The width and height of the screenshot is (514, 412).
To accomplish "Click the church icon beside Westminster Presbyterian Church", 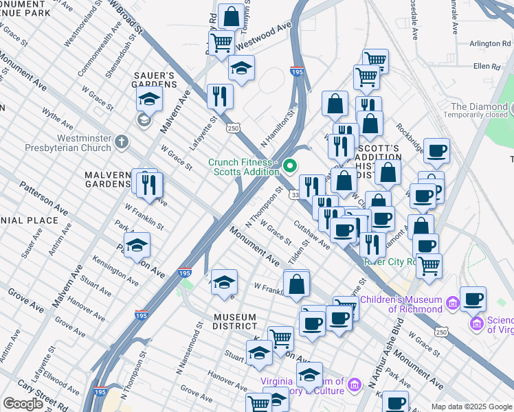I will coord(121,141).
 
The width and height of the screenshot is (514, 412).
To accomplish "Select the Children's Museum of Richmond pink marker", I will coord(453,303).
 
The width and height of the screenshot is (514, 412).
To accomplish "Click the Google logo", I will coord(23,403).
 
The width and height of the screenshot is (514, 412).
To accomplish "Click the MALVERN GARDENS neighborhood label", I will coord(107,180).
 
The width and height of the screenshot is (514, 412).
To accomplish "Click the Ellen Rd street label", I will coord(486,66).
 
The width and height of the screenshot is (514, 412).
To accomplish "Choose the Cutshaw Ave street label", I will coord(312,235).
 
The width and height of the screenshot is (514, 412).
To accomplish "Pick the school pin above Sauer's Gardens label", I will coord(149,100).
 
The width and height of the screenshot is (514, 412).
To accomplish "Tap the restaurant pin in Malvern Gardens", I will coord(149,184).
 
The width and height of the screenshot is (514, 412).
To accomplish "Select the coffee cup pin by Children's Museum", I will coord(473,299).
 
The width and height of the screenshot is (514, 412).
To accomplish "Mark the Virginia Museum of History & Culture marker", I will coord(353,382).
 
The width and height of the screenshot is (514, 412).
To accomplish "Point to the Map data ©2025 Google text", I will coord(471,406).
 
